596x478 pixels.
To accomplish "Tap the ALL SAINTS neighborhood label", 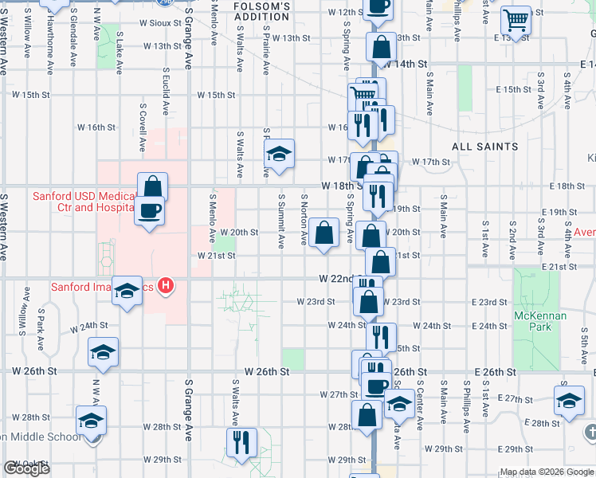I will pyautogui.click(x=484, y=147).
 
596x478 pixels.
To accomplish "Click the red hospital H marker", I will pyautogui.click(x=166, y=285).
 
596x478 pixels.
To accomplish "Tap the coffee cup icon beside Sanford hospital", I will pyautogui.click(x=149, y=210).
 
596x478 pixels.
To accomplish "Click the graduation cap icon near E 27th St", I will pyautogui.click(x=570, y=401).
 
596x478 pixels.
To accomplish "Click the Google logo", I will pyautogui.click(x=26, y=468).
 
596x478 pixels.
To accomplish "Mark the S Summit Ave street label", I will pyautogui.click(x=280, y=219).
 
